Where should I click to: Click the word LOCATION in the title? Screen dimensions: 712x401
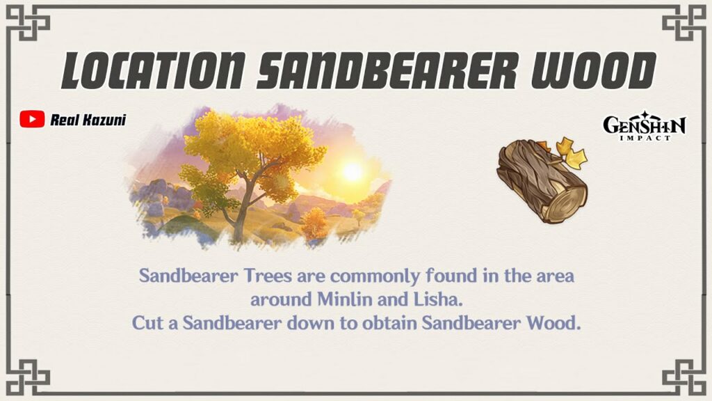[154, 70]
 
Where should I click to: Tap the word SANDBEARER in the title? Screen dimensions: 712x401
[387, 70]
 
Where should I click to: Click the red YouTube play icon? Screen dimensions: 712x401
[32, 119]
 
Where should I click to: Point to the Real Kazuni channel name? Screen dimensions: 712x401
[88, 120]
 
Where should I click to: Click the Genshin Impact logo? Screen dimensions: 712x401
[645, 125]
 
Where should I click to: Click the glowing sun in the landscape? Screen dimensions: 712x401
[352, 171]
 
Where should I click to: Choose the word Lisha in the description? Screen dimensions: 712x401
[438, 299]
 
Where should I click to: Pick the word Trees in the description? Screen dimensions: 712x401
[268, 276]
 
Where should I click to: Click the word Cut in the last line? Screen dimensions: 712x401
[145, 323]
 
